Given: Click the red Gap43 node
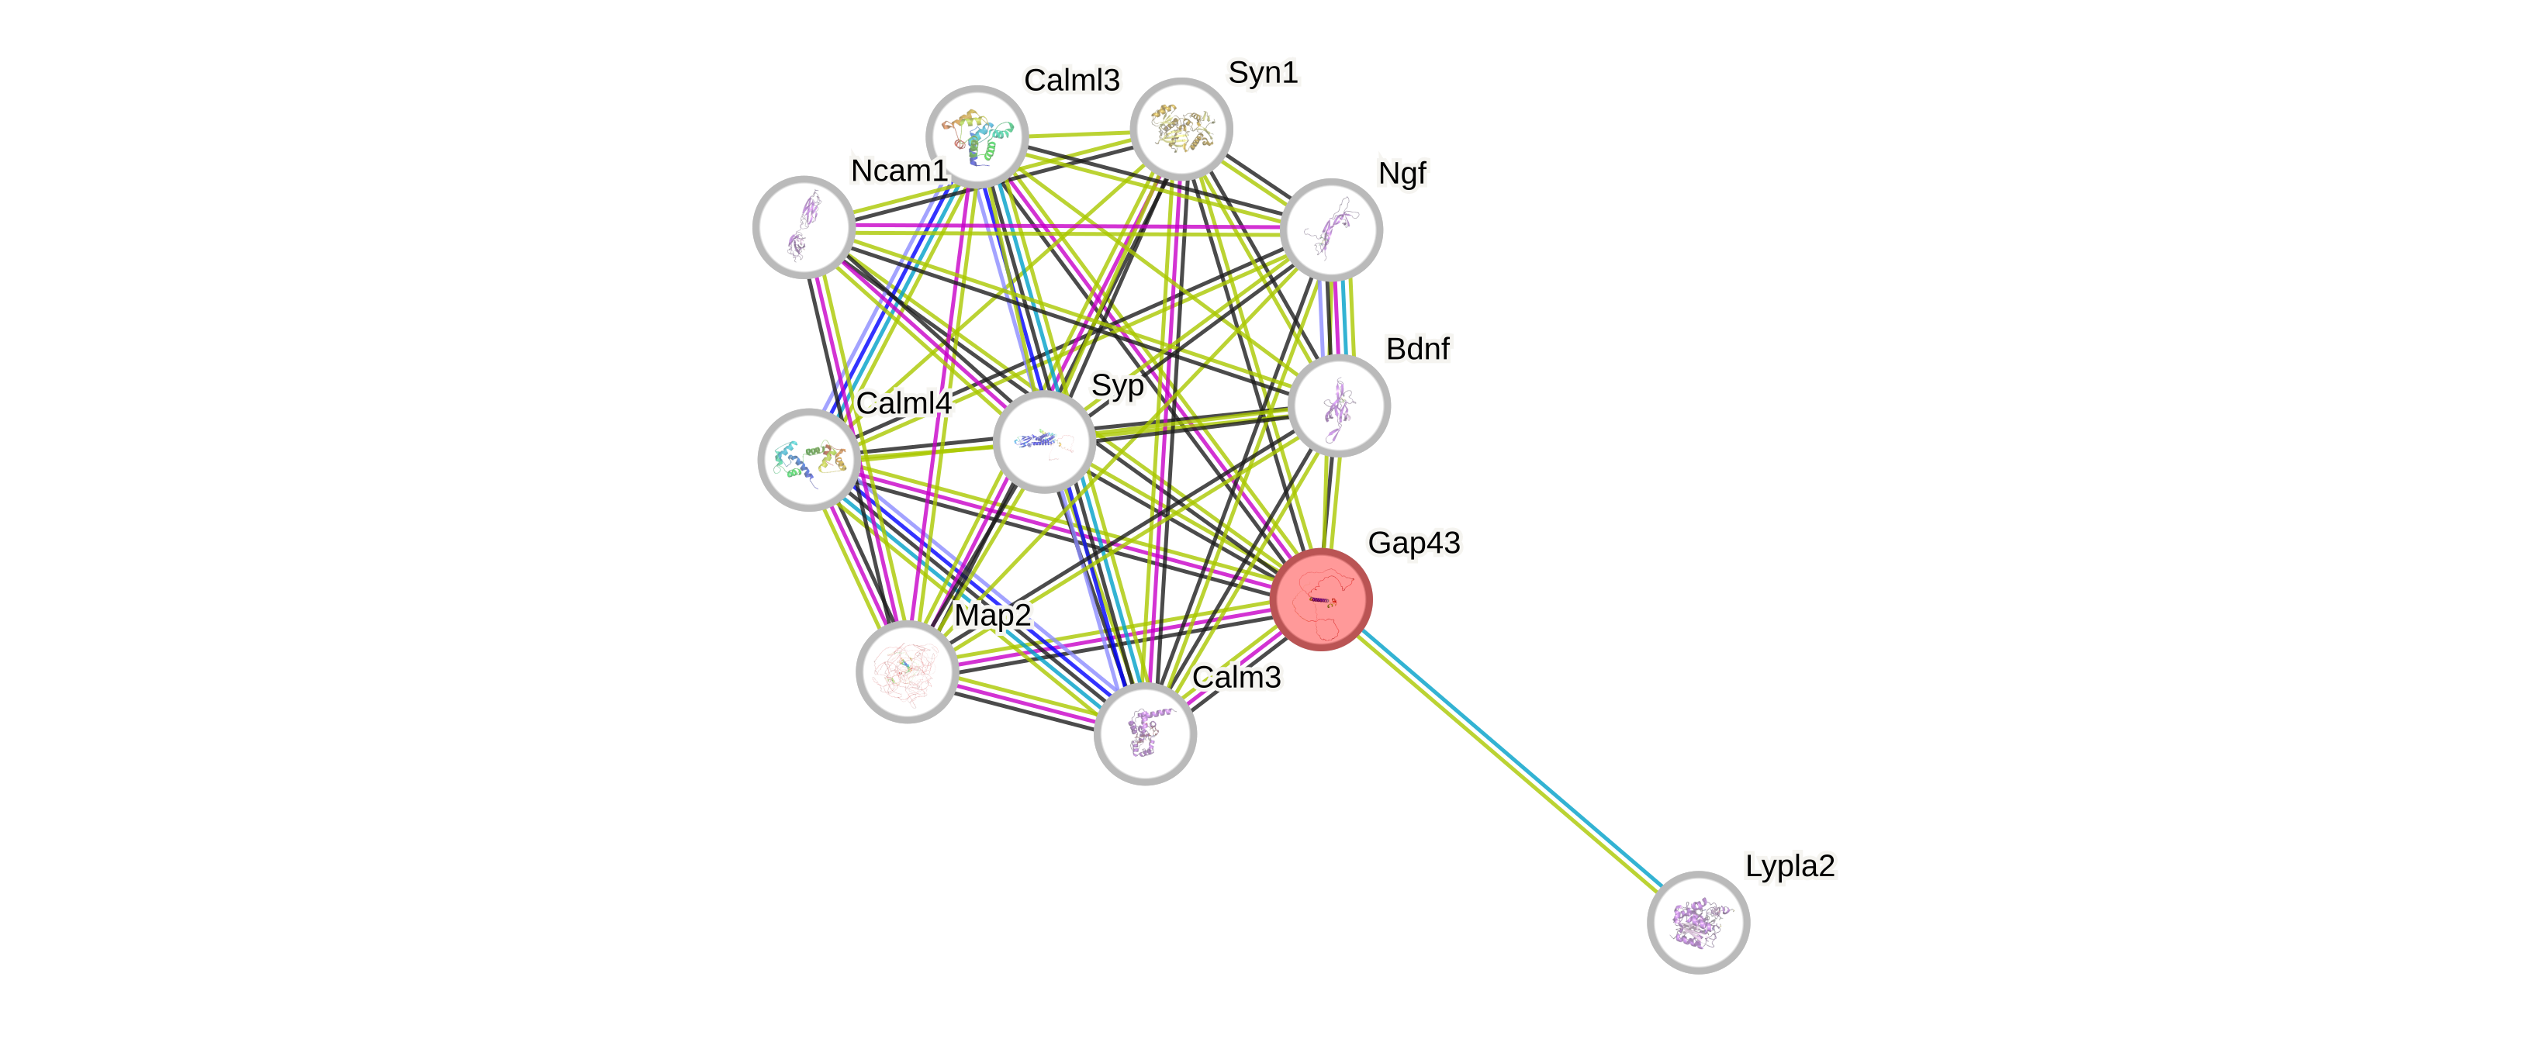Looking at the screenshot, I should pyautogui.click(x=1321, y=599).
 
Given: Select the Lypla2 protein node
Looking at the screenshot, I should pyautogui.click(x=1698, y=922).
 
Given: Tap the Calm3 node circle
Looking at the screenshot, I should pyautogui.click(x=1145, y=734).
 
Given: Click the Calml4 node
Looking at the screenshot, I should pyautogui.click(x=809, y=459).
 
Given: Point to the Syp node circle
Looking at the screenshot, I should pyautogui.click(x=1044, y=442).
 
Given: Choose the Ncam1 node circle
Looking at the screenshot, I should pyautogui.click(x=804, y=227).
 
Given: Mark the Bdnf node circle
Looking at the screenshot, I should pyautogui.click(x=1339, y=405).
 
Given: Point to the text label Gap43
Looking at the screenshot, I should pyautogui.click(x=1413, y=543).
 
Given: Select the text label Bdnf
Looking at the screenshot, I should pyautogui.click(x=1417, y=348).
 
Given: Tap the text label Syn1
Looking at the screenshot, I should pyautogui.click(x=1263, y=72).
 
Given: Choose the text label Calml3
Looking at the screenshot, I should pyautogui.click(x=1072, y=80).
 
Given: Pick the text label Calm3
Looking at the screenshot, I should pyautogui.click(x=1237, y=677).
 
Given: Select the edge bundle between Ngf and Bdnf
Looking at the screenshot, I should pyautogui.click(x=1336, y=317).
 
